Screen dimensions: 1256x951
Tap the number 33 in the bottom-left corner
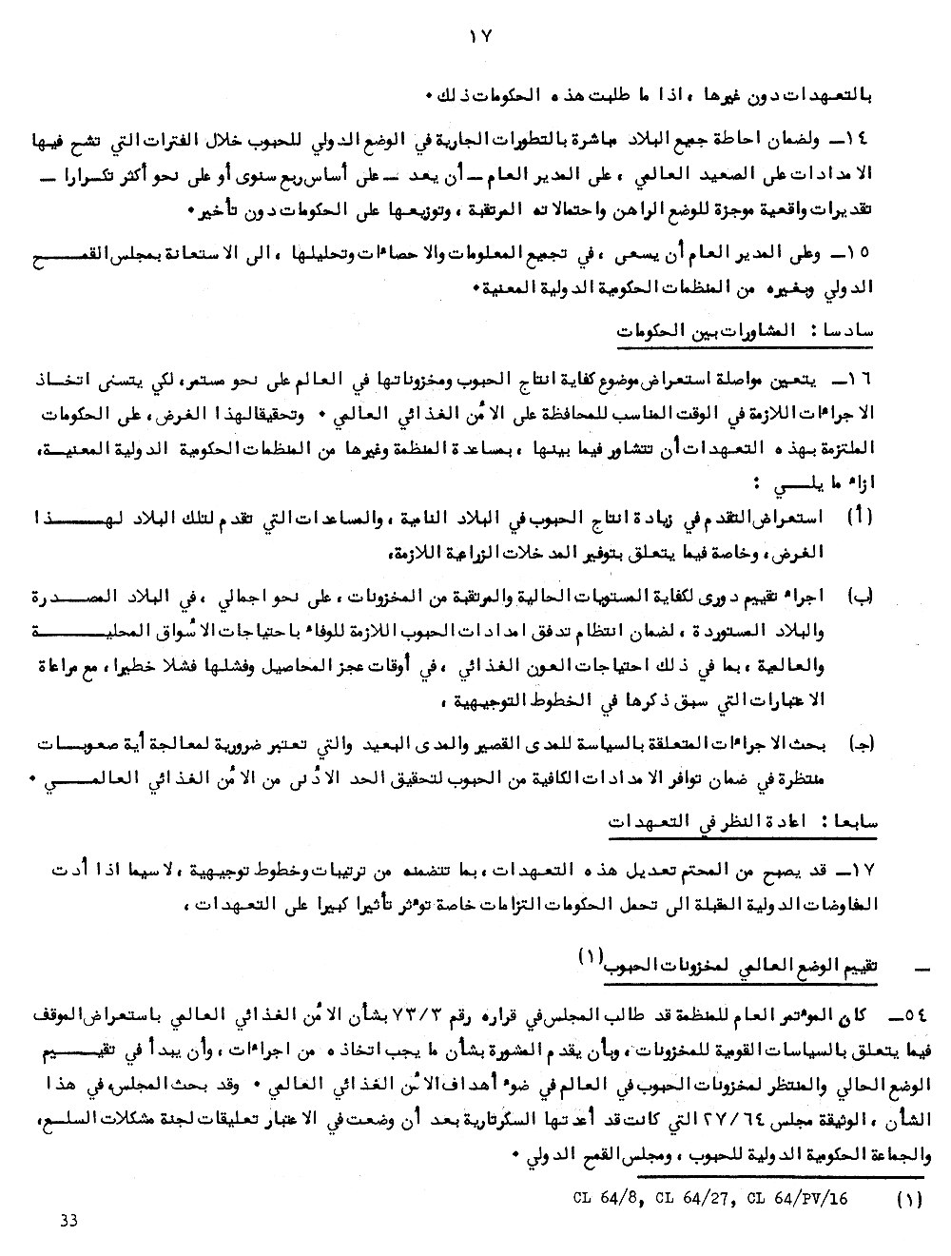point(69,1221)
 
